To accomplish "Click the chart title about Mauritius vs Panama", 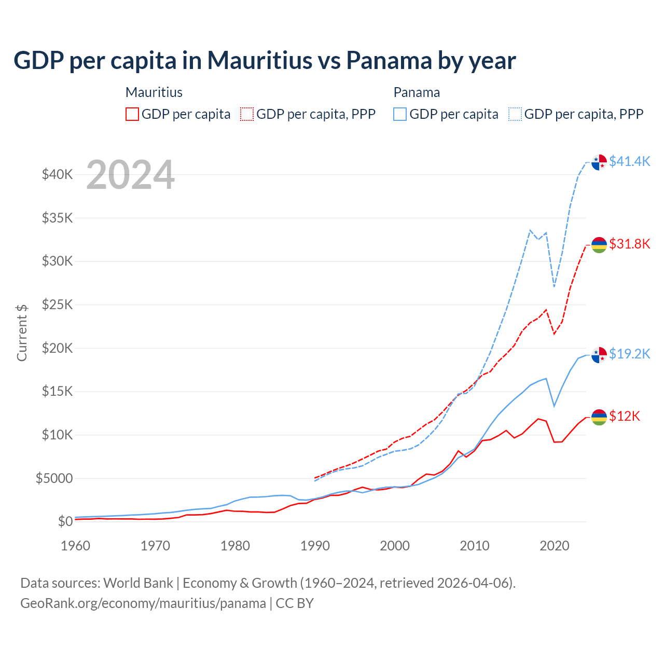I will pos(265,61).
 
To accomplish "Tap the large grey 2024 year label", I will pos(130,175).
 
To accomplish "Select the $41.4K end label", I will pos(629,161).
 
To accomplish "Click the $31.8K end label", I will pos(629,244).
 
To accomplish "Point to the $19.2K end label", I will pos(629,354).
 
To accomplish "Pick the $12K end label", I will pos(625,416).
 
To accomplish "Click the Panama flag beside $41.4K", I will pos(599,162).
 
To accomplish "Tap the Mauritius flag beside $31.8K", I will pos(599,244).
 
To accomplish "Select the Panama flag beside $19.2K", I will pos(599,355).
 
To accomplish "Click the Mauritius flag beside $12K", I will pos(599,417).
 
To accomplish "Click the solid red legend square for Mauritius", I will pos(132,114).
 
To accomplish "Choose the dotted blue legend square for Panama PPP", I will pos(515,114).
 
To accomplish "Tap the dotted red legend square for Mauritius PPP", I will pos(247,114).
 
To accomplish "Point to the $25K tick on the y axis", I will pos(58,305).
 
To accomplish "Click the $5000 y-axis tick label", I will pos(54,478).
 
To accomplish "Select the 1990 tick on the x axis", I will pos(315,546).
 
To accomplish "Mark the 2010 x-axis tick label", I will pos(475,546).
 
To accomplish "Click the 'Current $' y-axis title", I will pos(22,333).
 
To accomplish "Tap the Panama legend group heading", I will pos(417,92).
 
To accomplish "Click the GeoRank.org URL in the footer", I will pos(143,603).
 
